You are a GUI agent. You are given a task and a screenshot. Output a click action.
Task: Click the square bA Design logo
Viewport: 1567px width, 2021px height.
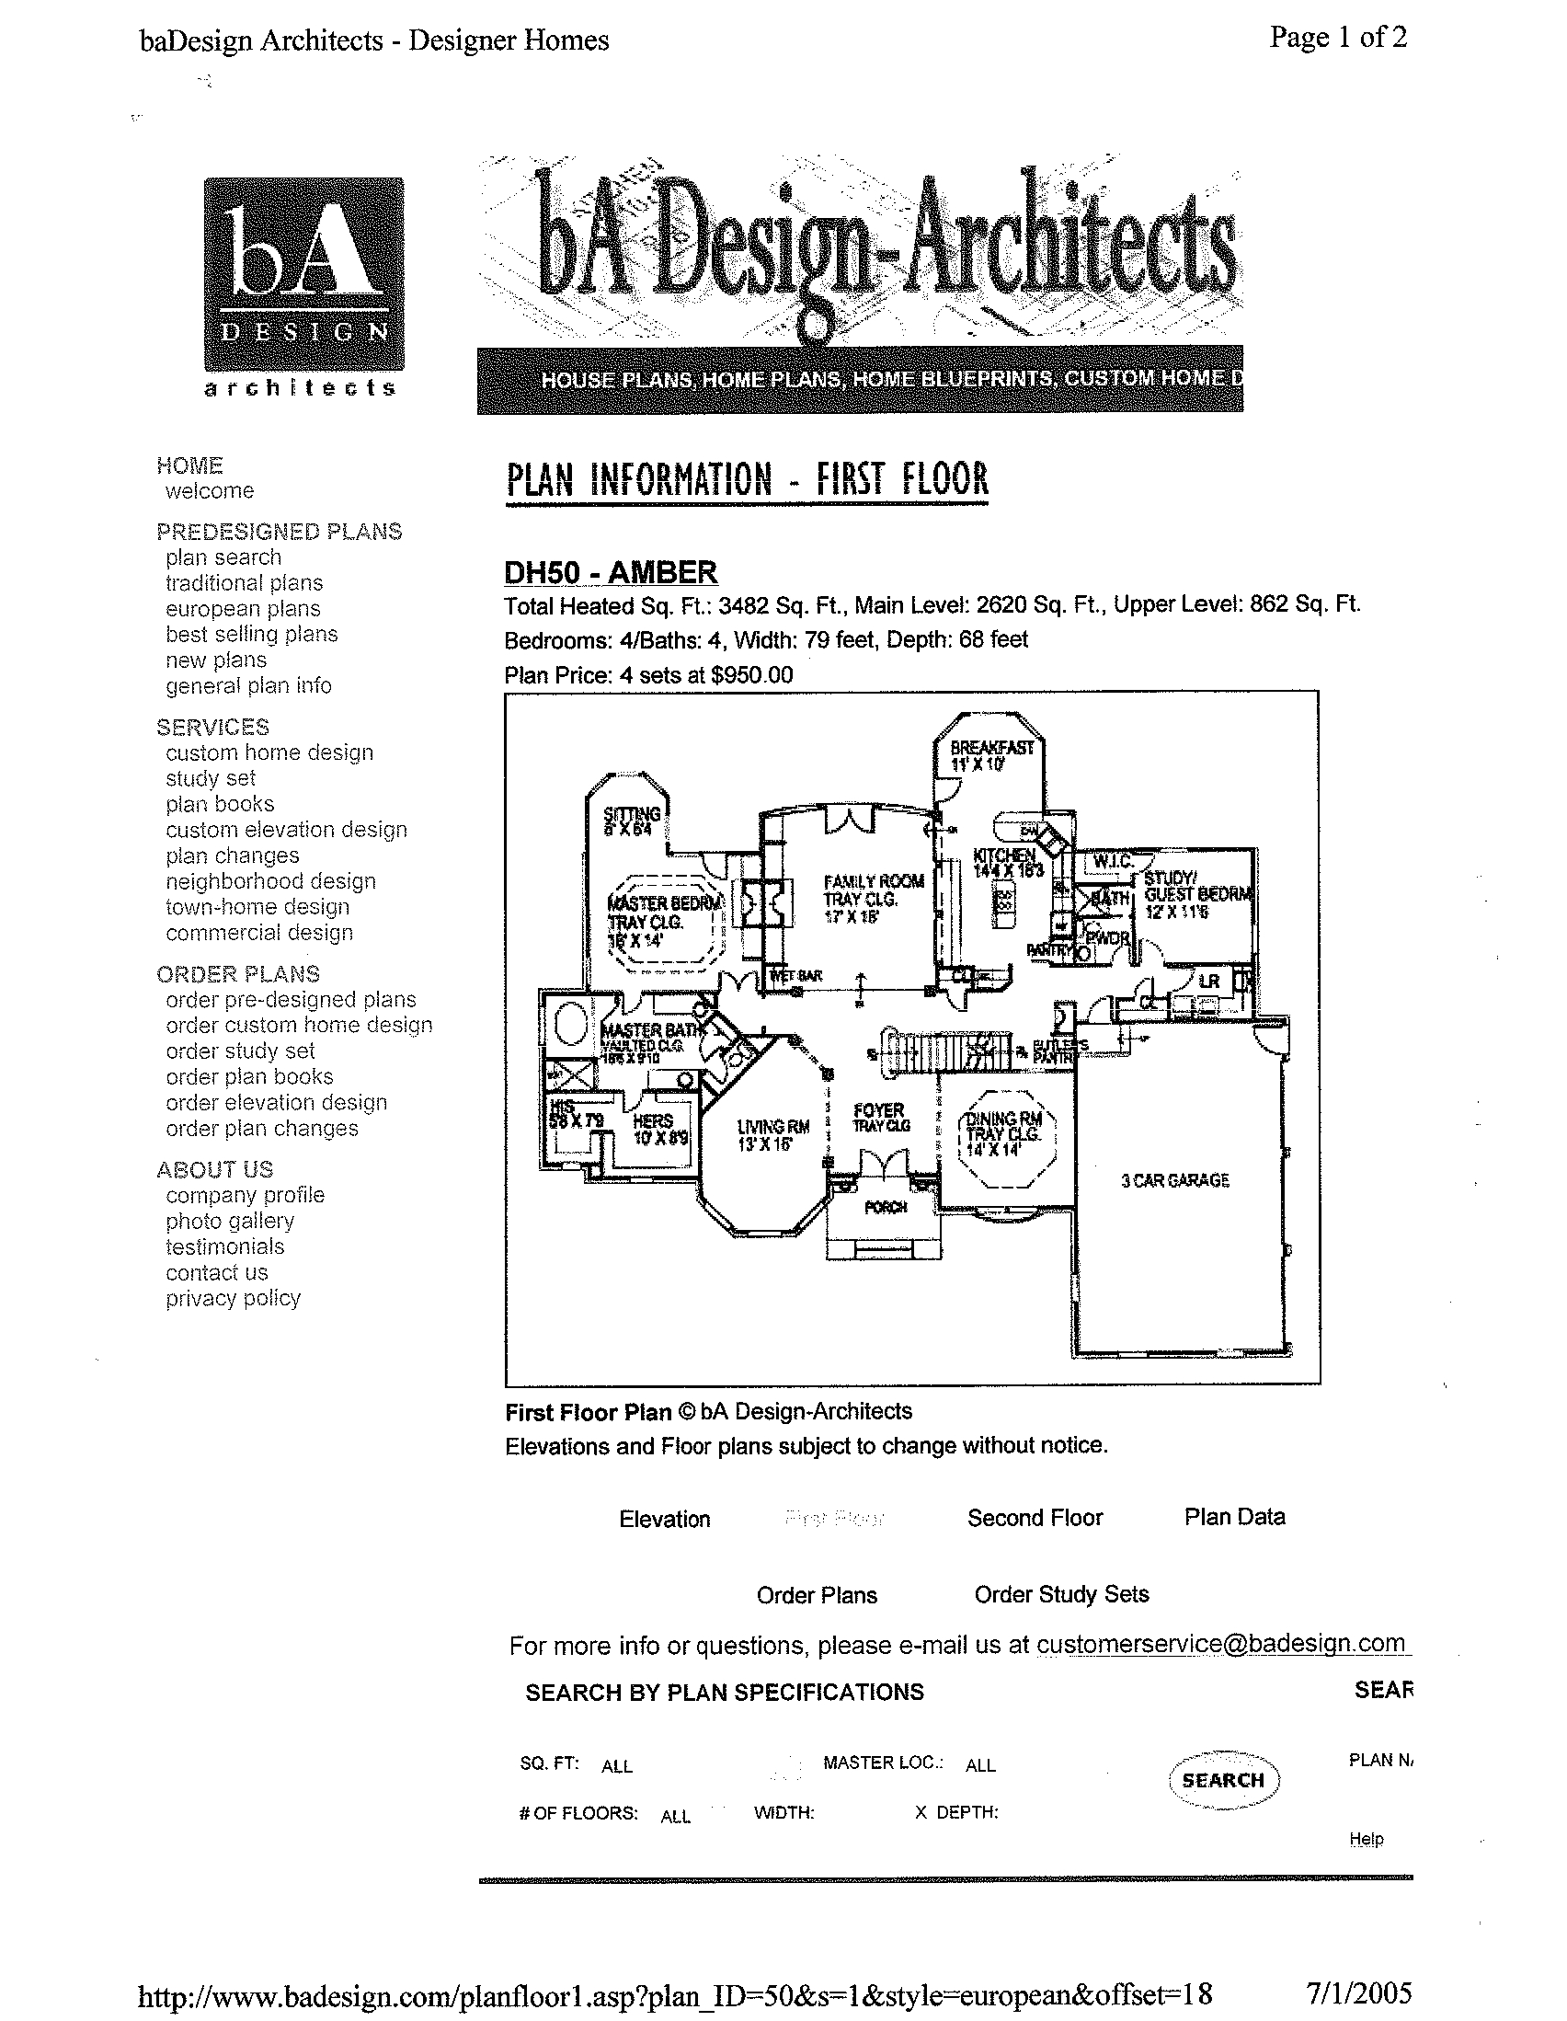pos(303,274)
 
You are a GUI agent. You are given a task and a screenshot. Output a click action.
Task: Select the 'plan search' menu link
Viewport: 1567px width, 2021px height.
pos(223,557)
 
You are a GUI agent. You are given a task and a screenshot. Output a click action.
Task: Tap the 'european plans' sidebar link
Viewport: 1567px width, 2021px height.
pos(243,609)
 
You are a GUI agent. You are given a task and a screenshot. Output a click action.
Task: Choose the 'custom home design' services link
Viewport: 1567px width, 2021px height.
pos(269,752)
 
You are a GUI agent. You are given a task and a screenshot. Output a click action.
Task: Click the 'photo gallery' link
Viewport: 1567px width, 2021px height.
pos(229,1221)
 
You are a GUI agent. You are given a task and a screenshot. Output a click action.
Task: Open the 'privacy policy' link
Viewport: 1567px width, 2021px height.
pos(233,1298)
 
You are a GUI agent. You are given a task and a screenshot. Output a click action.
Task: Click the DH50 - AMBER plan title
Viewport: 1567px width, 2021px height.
pos(611,572)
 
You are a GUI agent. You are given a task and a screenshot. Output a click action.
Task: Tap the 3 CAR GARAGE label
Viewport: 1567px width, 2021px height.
pos(1174,1180)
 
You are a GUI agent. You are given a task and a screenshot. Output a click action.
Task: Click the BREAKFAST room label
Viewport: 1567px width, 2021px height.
pos(991,748)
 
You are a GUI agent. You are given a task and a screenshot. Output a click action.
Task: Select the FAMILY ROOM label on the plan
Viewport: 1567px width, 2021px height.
pos(874,881)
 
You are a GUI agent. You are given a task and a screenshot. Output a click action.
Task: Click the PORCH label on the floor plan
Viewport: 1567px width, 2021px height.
pos(886,1207)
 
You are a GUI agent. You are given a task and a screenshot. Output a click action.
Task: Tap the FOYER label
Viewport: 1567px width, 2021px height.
pos(879,1109)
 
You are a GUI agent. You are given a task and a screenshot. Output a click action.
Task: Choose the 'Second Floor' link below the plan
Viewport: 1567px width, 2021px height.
pos(1035,1518)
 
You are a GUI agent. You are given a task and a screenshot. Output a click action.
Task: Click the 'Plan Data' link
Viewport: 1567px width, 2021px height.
pos(1234,1517)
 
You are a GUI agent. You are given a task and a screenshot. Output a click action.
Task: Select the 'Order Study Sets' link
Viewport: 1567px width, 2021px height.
pos(1061,1594)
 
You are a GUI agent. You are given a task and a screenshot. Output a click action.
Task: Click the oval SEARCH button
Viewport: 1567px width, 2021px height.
pos(1223,1779)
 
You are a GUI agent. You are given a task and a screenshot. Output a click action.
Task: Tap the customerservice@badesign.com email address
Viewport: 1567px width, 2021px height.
pos(1220,1644)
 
